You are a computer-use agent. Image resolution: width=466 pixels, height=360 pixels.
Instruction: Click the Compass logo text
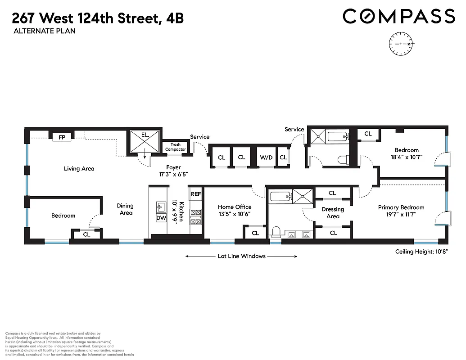399,17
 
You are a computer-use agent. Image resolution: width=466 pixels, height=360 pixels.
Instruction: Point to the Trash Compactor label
176,147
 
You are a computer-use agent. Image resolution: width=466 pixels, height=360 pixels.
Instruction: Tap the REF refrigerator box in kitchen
196,194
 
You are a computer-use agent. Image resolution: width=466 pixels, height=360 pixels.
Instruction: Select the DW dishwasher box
161,218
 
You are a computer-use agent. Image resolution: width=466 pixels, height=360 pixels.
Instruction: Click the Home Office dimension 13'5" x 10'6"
235,214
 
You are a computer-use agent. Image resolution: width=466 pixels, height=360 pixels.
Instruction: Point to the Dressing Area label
333,213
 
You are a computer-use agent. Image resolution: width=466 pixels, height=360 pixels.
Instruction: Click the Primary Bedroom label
401,207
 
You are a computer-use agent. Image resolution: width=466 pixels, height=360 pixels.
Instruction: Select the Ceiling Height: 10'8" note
421,252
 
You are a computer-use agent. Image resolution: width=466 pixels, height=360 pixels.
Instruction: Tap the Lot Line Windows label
241,256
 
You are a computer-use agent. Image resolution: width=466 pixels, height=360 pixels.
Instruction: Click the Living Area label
79,169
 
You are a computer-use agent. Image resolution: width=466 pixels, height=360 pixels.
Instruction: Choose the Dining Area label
126,209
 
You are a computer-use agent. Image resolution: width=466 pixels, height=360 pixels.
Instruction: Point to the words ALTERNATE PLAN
44,31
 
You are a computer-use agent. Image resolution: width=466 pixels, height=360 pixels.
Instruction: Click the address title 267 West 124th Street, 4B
98,18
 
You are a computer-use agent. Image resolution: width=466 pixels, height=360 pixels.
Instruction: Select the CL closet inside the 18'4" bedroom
368,134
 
